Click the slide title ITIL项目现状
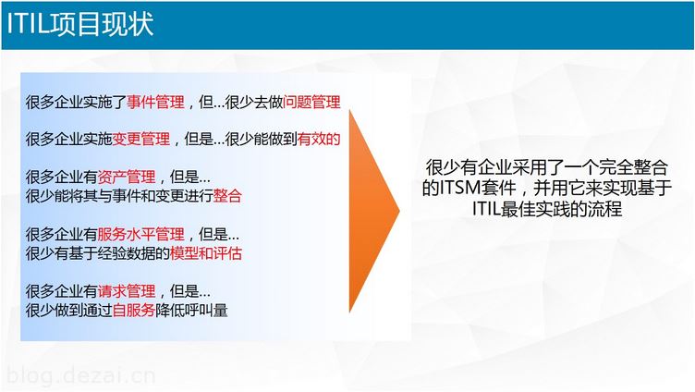click(x=80, y=24)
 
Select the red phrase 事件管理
click(x=155, y=103)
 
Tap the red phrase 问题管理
click(x=311, y=103)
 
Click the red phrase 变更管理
click(x=141, y=140)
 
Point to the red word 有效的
click(x=319, y=140)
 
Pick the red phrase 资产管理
click(x=127, y=177)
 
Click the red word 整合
click(x=227, y=196)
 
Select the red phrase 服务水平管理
click(x=141, y=234)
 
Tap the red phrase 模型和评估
click(x=206, y=253)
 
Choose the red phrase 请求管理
click(x=127, y=291)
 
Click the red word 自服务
click(x=134, y=310)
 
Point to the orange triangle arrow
click(x=373, y=211)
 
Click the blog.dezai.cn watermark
click(x=81, y=375)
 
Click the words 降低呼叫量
click(x=191, y=310)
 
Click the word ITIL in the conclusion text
click(x=486, y=208)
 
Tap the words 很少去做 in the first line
click(x=254, y=103)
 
